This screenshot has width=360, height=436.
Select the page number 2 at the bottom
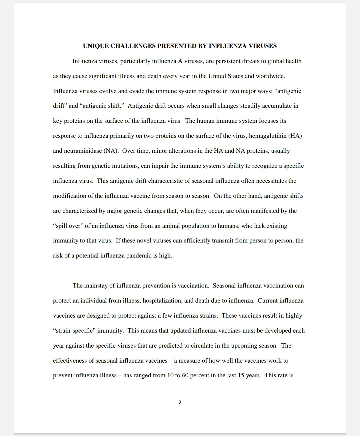point(180,403)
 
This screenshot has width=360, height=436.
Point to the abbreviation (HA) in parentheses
point(295,136)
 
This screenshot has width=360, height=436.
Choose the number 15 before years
point(241,376)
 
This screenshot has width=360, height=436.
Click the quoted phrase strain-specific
point(88,331)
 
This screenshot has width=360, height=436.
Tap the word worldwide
point(270,76)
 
